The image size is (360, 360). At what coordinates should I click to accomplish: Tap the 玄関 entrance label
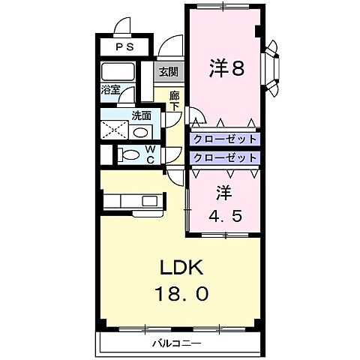click(169, 73)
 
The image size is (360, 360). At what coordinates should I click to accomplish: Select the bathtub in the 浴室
click(117, 73)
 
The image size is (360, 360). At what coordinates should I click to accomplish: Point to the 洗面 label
click(141, 116)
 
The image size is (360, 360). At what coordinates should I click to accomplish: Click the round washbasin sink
click(140, 131)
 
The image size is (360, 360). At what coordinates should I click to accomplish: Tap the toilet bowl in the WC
click(129, 156)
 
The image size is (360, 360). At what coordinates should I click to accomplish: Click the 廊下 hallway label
click(174, 101)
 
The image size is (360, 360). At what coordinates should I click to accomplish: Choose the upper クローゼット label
click(224, 139)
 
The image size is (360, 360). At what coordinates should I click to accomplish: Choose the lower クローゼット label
click(224, 158)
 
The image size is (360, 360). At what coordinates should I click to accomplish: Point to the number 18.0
click(180, 292)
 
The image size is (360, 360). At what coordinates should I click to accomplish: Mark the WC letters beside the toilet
click(151, 155)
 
